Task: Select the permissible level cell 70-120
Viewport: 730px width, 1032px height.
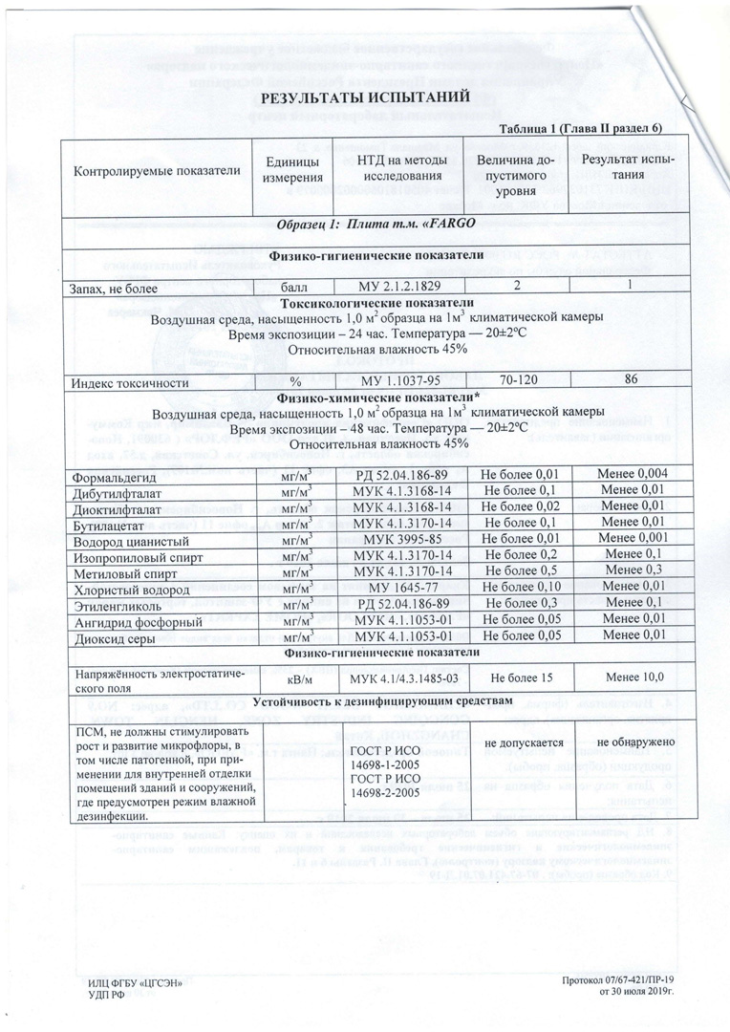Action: pos(516,381)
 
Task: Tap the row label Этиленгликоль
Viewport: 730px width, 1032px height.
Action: pos(107,602)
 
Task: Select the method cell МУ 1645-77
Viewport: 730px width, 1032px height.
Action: pos(396,586)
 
